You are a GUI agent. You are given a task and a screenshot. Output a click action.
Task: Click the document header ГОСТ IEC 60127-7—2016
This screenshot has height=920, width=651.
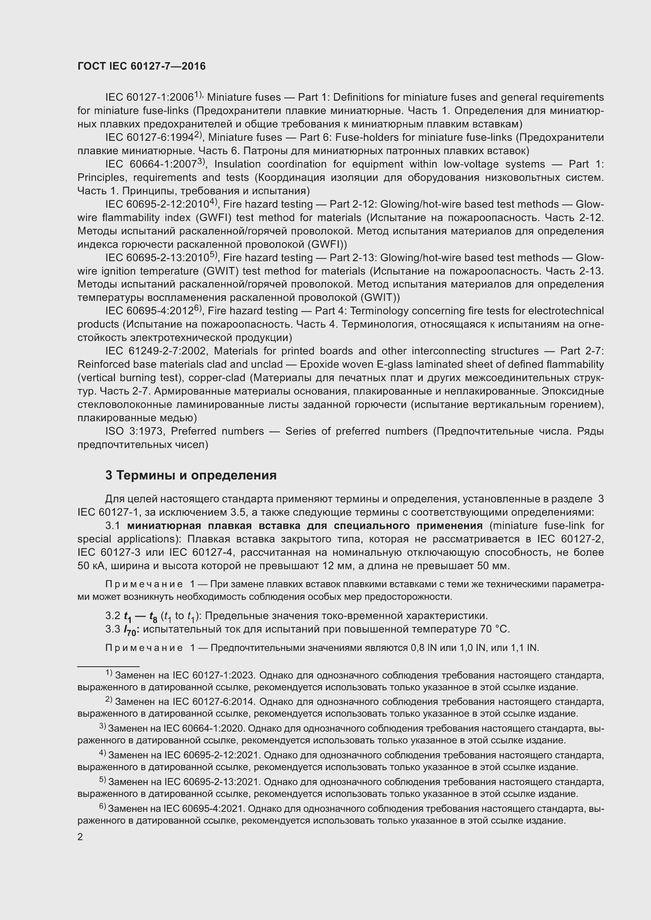(x=142, y=66)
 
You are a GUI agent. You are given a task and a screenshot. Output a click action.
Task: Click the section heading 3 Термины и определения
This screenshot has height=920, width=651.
(x=191, y=475)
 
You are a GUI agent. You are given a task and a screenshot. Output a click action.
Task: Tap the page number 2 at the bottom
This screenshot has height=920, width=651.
(x=80, y=837)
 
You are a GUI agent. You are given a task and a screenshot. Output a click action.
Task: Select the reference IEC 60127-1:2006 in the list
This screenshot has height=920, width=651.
(x=150, y=98)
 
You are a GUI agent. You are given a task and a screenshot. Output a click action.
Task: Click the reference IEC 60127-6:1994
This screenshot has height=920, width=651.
(x=150, y=138)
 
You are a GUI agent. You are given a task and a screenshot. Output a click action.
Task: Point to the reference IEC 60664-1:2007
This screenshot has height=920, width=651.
(x=152, y=164)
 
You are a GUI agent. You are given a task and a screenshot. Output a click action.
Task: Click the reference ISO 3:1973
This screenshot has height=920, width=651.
(x=134, y=431)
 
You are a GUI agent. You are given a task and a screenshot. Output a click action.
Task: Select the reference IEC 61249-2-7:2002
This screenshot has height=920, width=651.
(x=156, y=351)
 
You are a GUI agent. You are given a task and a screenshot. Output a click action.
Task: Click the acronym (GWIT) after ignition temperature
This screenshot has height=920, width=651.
(x=221, y=271)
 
